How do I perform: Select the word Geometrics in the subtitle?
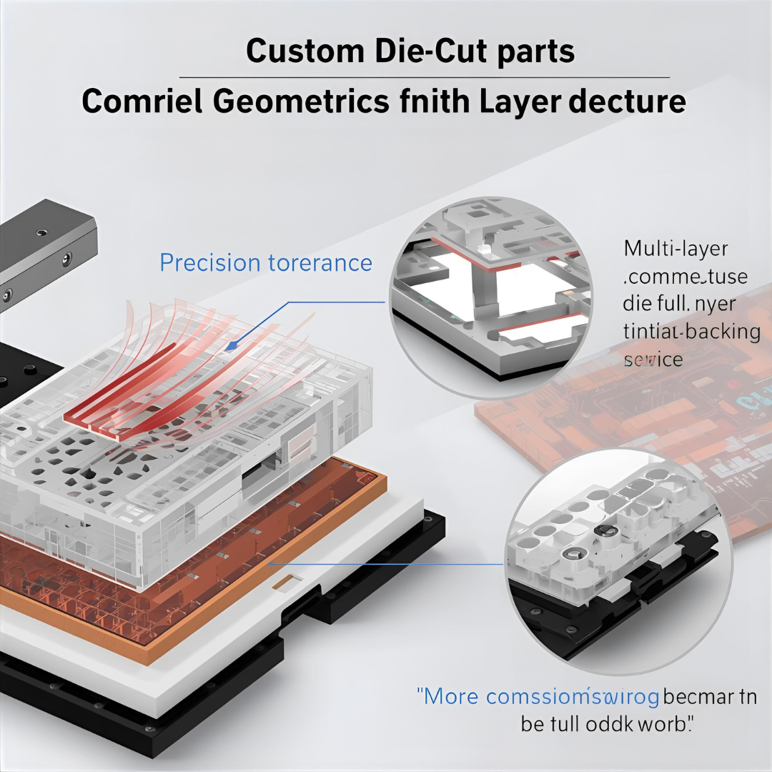(301, 102)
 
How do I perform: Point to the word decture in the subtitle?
(627, 102)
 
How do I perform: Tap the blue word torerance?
(320, 263)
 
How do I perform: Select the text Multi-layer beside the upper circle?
(675, 249)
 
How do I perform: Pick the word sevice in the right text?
(653, 360)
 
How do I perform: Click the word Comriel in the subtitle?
(142, 102)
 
